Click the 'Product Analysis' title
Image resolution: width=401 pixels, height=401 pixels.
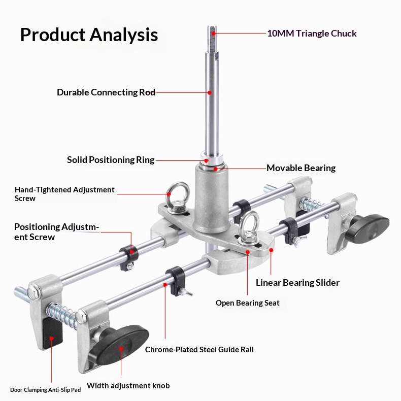pos(89,35)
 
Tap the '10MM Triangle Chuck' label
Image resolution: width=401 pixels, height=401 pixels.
pos(312,34)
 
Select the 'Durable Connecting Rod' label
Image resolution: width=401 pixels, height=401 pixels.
pos(106,92)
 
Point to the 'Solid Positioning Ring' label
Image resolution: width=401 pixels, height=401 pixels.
pos(111,160)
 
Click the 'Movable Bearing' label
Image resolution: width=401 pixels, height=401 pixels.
pos(301,168)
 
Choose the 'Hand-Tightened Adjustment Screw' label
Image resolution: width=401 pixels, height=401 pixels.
pos(64,194)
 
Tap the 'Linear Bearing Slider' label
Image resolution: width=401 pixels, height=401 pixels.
pos(297,283)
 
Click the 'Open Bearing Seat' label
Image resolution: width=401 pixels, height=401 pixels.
pos(247,303)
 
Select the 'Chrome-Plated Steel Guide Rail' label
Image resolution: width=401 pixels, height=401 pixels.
pos(199,349)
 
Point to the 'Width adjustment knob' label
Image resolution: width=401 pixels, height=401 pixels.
pos(128,386)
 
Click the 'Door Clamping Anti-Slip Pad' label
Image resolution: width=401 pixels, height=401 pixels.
pos(46,390)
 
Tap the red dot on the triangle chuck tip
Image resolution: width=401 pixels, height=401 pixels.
pos(214,34)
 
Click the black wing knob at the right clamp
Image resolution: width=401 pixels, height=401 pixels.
pos(367,226)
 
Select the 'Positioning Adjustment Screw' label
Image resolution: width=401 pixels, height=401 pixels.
pos(56,231)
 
